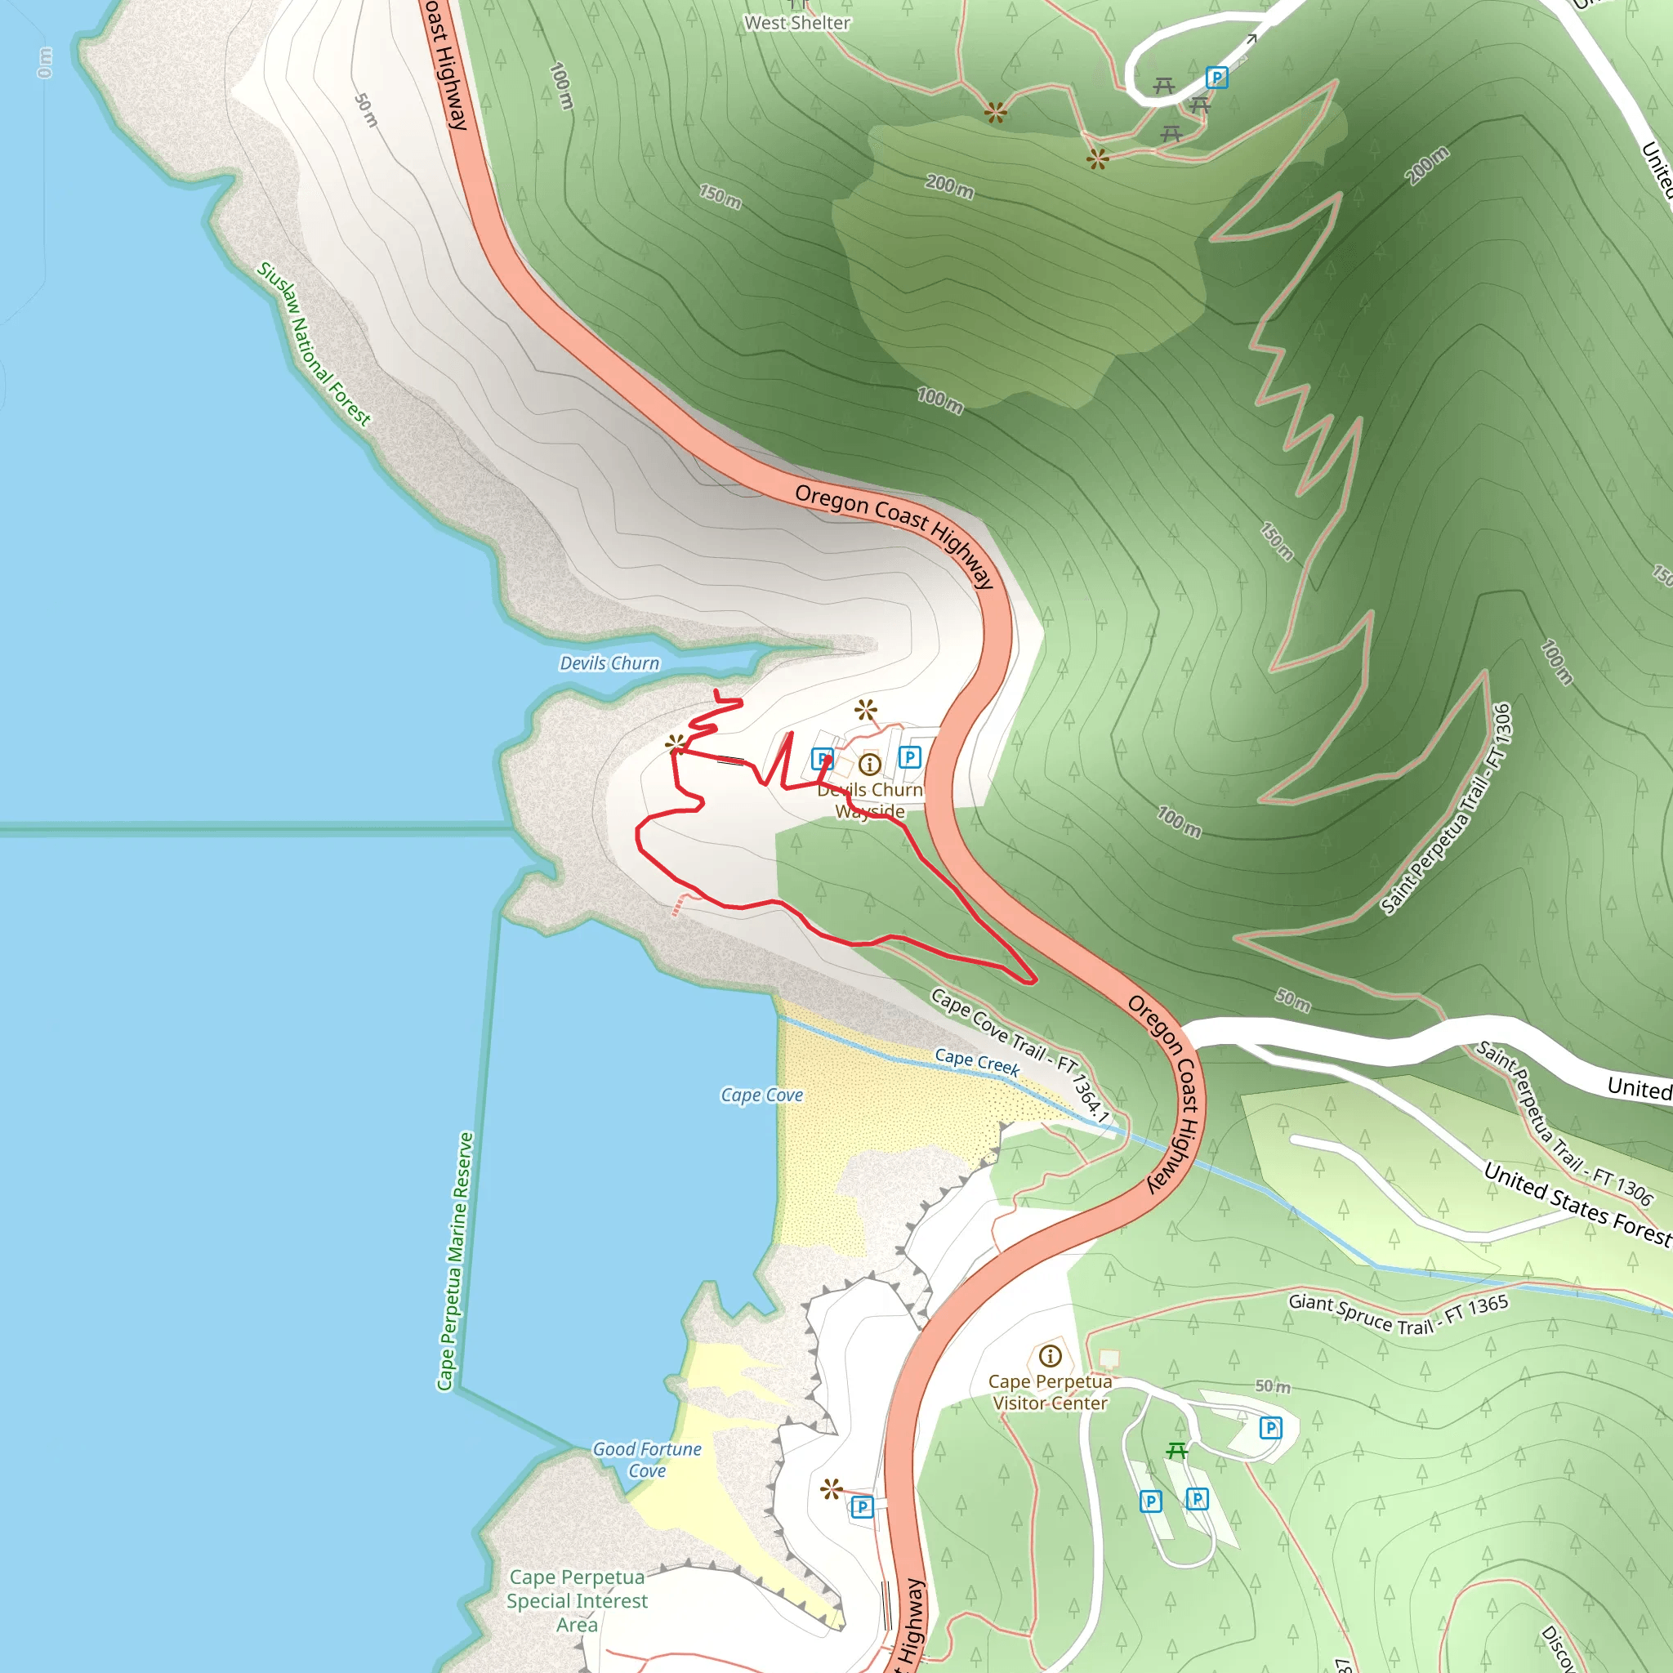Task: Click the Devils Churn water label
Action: coord(609,663)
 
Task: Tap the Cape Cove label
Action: coord(761,1095)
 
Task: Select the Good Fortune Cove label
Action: coord(647,1459)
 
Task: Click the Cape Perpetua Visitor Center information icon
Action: coord(1050,1355)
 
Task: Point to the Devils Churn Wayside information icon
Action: coord(869,765)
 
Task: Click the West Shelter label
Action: coord(796,24)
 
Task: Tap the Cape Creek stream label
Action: coord(977,1062)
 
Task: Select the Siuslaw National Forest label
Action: coord(314,345)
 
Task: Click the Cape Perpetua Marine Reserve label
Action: coord(455,1260)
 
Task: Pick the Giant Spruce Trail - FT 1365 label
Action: coord(1398,1314)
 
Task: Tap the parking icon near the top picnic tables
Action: coord(1216,78)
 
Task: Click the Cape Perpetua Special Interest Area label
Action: coord(577,1600)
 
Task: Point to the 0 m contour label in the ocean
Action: coord(45,62)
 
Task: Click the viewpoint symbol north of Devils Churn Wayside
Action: coord(865,710)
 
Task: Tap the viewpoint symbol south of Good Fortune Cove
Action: coord(832,1488)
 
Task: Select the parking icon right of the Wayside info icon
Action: coord(909,756)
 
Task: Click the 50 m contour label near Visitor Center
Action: coord(1272,1386)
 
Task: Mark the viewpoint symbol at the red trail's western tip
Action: coord(676,743)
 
